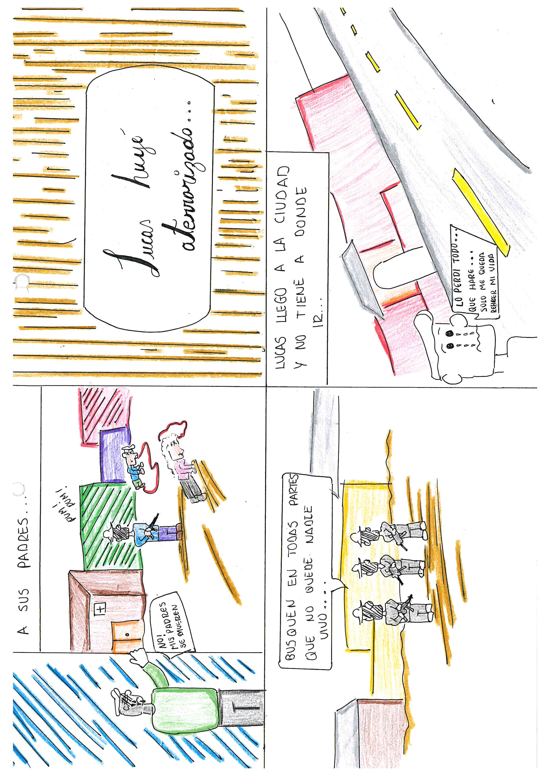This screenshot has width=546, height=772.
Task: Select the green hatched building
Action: [x=109, y=526]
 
